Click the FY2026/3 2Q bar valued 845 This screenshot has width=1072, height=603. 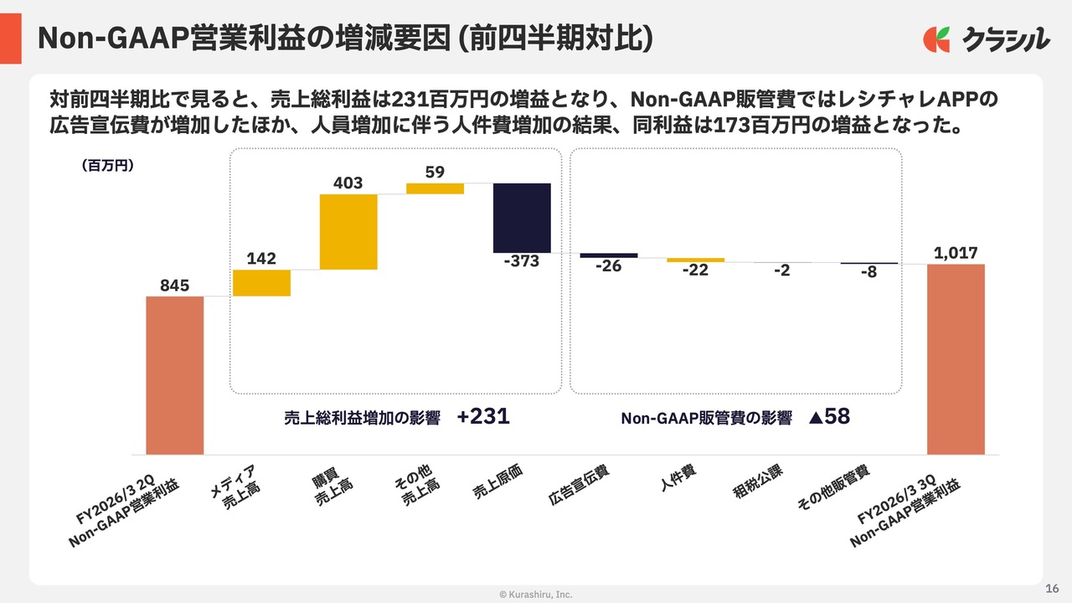coord(174,375)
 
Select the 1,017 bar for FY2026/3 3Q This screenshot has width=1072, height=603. coord(956,359)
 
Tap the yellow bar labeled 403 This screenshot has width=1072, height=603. coord(348,232)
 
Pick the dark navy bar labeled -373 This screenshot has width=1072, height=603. coord(522,218)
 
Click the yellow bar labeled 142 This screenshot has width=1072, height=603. coord(261,283)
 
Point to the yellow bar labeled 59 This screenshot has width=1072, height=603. coord(435,188)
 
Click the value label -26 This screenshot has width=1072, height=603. coord(609,266)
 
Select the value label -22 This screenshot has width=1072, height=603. coord(695,270)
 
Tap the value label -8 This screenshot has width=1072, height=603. coord(868,271)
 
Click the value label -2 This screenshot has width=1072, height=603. coord(782,271)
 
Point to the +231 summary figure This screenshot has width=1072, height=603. coord(483,416)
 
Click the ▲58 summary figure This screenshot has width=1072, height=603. coord(829,417)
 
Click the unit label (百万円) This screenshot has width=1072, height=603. coord(108,166)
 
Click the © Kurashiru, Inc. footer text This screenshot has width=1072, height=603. coord(536,595)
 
